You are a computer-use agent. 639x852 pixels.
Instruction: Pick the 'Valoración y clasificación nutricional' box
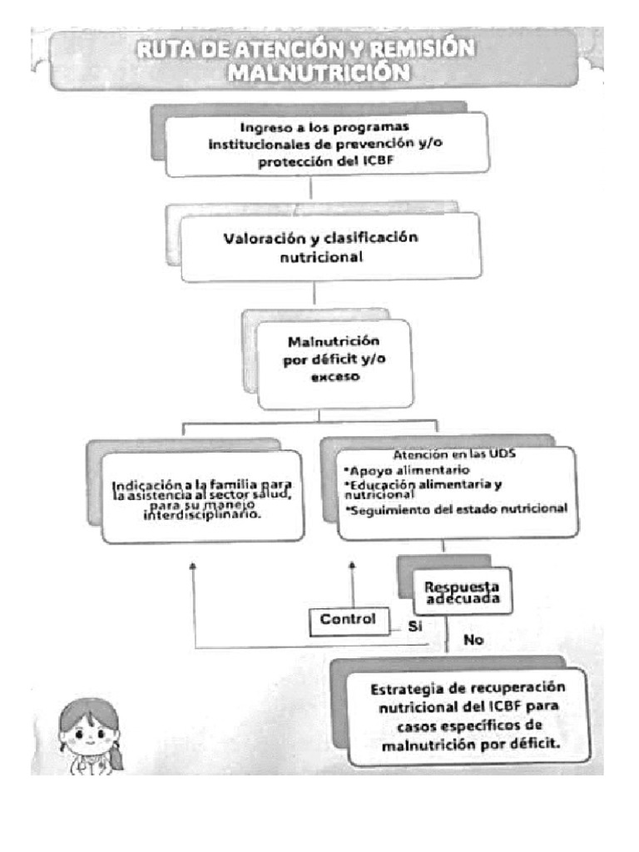pos(330,246)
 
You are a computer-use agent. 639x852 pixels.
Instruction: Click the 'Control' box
pos(349,620)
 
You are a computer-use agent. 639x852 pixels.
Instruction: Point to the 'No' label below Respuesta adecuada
pos(473,641)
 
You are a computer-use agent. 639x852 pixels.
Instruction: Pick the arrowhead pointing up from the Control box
pos(352,565)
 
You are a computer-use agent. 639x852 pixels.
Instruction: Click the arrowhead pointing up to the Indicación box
pos(193,565)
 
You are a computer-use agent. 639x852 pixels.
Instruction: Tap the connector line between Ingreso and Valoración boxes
pos(311,190)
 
